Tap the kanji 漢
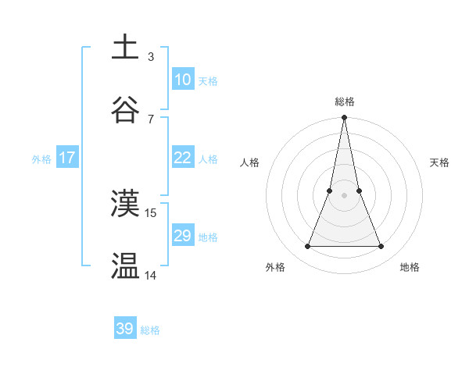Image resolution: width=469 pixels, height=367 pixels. coord(125,204)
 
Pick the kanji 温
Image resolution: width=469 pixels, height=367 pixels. coord(125,266)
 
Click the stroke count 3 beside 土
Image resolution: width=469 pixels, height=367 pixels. coord(151,56)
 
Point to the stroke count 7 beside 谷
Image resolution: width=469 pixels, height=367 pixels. coord(151,119)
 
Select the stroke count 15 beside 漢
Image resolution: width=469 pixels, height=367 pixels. coord(151,212)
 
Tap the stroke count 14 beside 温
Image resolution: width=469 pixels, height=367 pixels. coord(151,275)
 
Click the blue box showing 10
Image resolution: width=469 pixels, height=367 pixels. coord(182,80)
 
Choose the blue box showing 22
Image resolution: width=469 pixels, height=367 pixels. coord(182,158)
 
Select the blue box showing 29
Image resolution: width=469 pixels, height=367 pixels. coord(182,236)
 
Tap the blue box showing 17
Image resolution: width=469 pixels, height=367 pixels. coord(67,158)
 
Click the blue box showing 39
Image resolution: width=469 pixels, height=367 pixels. coord(125,329)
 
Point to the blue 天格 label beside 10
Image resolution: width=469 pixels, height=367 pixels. coord(208,81)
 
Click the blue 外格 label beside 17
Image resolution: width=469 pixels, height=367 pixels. coord(41,159)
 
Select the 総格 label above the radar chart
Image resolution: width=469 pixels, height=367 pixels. coord(345,102)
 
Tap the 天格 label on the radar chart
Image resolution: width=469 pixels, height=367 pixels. coord(440,162)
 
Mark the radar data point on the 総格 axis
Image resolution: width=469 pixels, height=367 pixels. coord(344,119)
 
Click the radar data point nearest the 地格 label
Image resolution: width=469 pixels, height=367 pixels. coord(381,247)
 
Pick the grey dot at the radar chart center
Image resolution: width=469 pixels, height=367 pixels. coord(344,195)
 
